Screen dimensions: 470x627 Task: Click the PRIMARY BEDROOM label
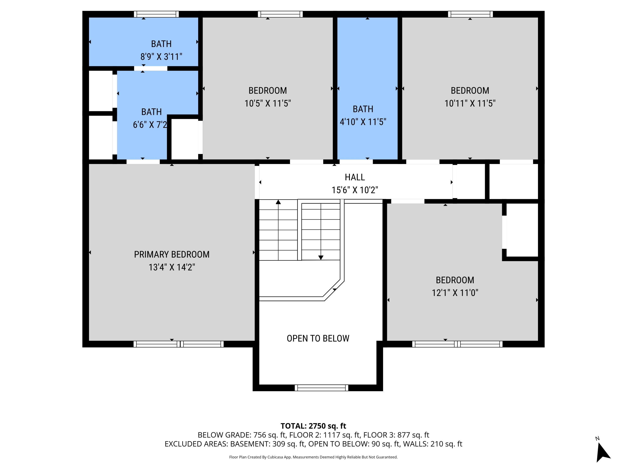(172, 254)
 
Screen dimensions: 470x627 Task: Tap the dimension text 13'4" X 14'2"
(172, 267)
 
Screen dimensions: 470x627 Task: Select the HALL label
(355, 177)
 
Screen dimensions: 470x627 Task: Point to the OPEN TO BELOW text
(318, 338)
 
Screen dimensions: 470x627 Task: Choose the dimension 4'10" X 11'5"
(363, 122)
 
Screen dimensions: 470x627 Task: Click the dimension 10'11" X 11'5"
(470, 103)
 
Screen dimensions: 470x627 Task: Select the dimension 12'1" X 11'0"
(455, 293)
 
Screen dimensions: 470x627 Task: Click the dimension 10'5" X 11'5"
(268, 103)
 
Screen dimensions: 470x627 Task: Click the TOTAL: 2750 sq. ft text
(313, 426)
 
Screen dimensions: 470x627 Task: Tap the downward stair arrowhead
(321, 258)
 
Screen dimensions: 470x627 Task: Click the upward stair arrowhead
(278, 202)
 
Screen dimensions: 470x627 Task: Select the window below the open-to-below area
(321, 388)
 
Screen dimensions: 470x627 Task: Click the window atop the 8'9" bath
(156, 14)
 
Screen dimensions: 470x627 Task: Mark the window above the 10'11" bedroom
(470, 14)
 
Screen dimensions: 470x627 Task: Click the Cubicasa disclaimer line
(313, 457)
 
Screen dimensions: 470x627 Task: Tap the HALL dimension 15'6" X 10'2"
(355, 190)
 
